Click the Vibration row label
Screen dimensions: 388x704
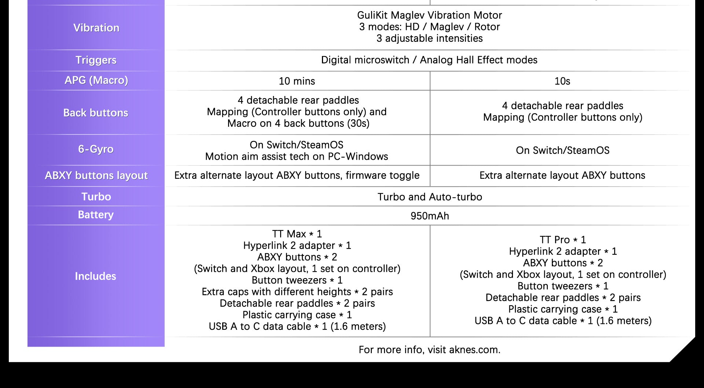pyautogui.click(x=96, y=28)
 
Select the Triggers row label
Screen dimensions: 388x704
pyautogui.click(x=96, y=60)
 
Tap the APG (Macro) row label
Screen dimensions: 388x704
pyautogui.click(x=96, y=80)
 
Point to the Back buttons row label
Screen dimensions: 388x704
pyautogui.click(x=96, y=113)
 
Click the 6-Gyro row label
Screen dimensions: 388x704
pyautogui.click(x=96, y=149)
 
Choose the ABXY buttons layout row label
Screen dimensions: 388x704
pyautogui.click(x=96, y=175)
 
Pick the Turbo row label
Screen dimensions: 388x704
pyautogui.click(x=96, y=197)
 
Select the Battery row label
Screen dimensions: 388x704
pyautogui.click(x=96, y=215)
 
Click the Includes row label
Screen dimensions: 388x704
pyautogui.click(x=95, y=276)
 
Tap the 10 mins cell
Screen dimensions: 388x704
pyautogui.click(x=297, y=81)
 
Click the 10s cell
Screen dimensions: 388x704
pyautogui.click(x=562, y=81)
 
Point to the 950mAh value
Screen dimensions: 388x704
pyautogui.click(x=429, y=216)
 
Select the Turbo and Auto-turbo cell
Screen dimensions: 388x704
pyautogui.click(x=429, y=197)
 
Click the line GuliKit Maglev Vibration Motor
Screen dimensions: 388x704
pyautogui.click(x=429, y=15)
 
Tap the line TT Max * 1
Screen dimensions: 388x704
pyautogui.click(x=297, y=234)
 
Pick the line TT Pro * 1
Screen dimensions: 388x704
pyautogui.click(x=562, y=240)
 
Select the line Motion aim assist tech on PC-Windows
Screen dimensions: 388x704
pyautogui.click(x=296, y=157)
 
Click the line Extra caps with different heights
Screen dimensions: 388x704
pyautogui.click(x=297, y=292)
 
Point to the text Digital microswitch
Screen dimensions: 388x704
pyautogui.click(x=365, y=60)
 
